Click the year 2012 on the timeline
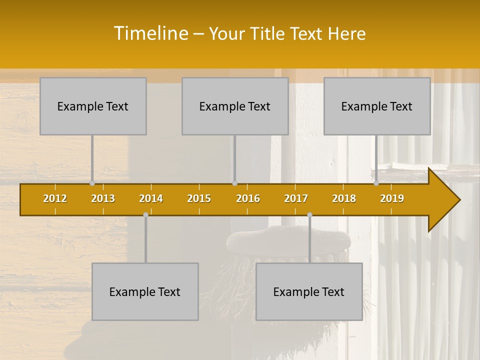(55, 198)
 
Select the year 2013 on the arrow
(103, 198)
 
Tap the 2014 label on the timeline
(151, 198)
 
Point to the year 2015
(199, 198)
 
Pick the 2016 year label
(248, 198)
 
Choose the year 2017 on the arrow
(296, 198)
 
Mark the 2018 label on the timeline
(344, 198)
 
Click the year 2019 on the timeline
(392, 198)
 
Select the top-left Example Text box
(93, 106)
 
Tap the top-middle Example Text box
(235, 106)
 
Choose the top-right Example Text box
(377, 106)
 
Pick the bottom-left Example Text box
(145, 291)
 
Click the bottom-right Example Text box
(309, 291)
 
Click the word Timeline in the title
(150, 33)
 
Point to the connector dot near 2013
(92, 183)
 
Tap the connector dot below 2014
(145, 214)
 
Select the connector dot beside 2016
(234, 183)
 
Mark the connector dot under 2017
(309, 214)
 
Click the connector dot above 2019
(376, 183)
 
